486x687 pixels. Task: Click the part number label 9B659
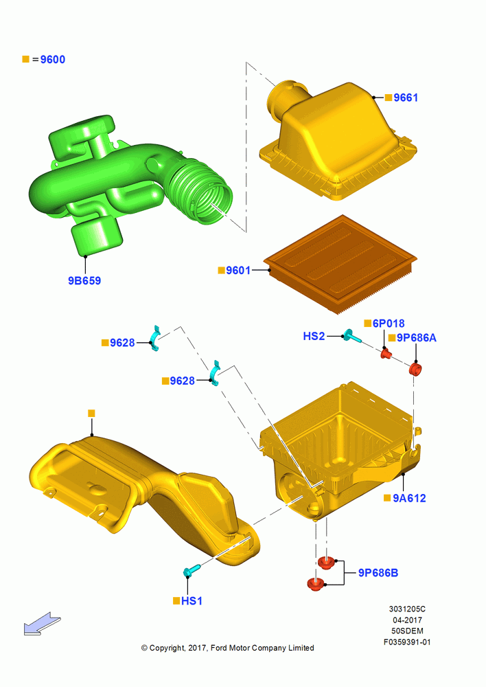84,280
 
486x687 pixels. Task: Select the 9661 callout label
406,98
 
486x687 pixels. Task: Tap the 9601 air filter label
238,270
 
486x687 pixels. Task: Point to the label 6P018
389,324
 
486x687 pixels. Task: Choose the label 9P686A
417,338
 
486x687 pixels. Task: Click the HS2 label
314,336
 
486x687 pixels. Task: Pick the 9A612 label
409,498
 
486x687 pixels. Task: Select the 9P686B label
378,573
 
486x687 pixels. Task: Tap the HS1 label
192,600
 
